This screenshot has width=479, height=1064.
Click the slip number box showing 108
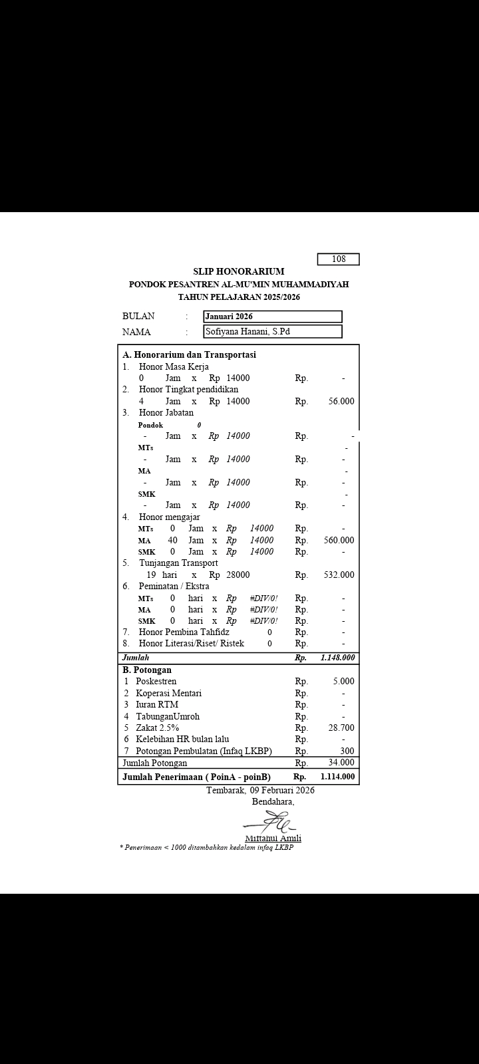[338, 259]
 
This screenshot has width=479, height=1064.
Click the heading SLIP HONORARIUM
[239, 271]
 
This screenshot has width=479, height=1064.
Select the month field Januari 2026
[273, 317]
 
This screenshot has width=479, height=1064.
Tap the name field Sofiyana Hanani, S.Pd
[273, 331]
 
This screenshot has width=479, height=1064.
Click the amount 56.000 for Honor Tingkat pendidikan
[341, 401]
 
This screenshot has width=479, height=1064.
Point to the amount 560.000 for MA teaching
[339, 540]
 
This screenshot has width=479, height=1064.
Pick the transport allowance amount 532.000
[339, 575]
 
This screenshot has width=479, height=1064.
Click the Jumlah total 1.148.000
[337, 658]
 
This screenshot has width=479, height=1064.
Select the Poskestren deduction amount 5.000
[343, 681]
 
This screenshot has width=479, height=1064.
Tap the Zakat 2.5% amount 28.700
[341, 728]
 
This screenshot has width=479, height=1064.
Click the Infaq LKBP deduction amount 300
[347, 751]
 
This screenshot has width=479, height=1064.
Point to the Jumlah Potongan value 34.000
[341, 762]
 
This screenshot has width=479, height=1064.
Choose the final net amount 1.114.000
[337, 776]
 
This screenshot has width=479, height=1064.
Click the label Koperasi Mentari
[168, 693]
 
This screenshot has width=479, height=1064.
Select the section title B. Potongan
[147, 670]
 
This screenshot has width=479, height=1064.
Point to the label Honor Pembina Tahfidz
[184, 632]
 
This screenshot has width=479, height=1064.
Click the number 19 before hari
[151, 575]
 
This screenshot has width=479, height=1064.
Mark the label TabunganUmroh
[168, 716]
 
